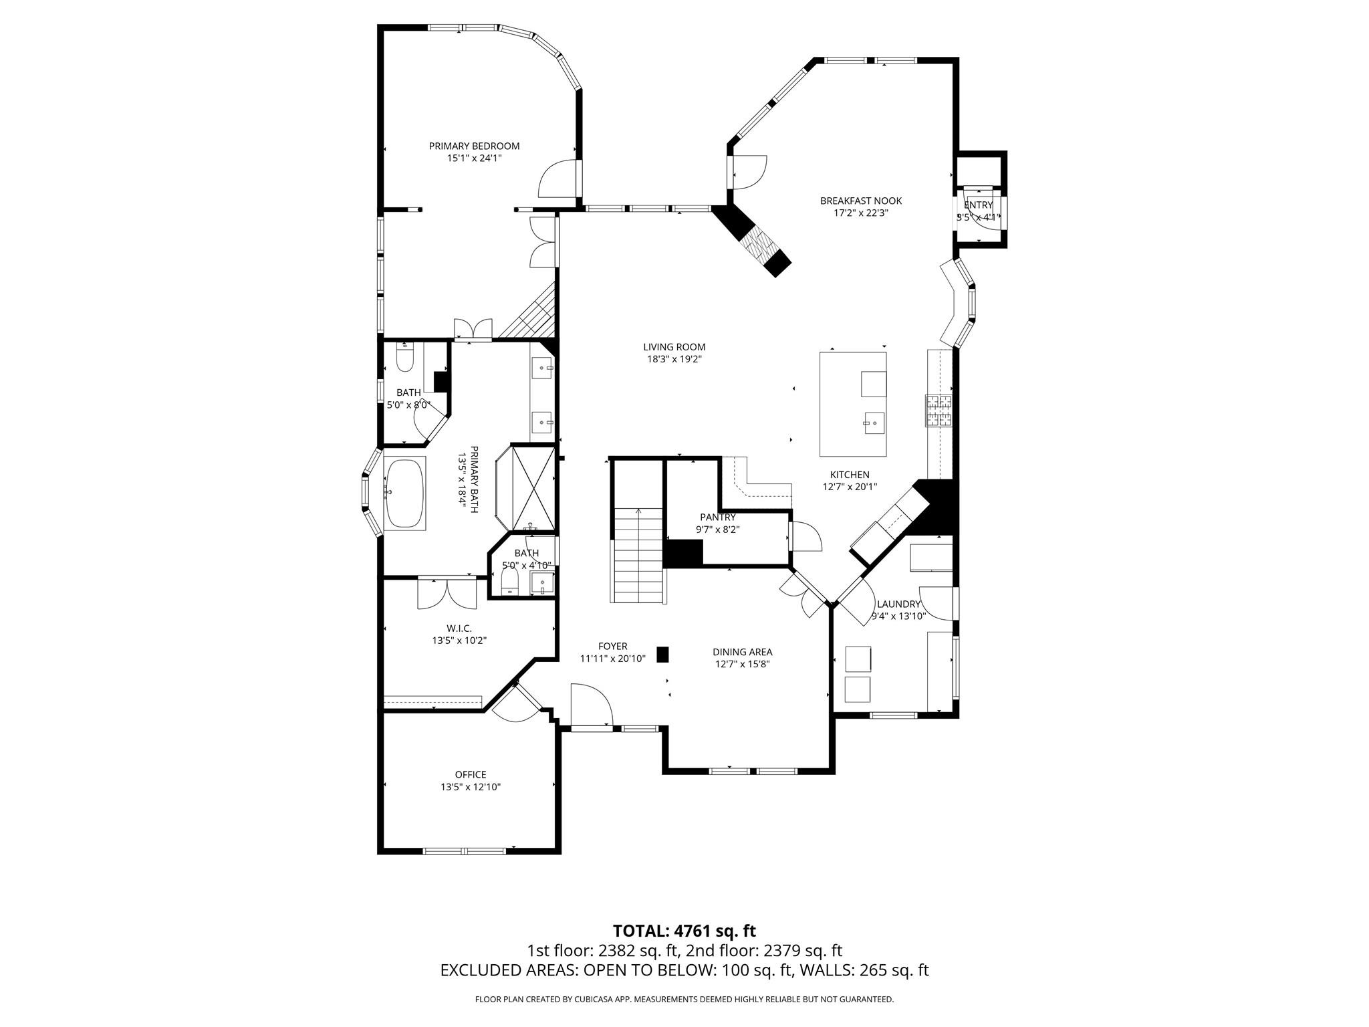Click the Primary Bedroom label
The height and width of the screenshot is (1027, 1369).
pos(474,146)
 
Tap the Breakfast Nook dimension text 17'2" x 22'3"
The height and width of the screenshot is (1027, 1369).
pos(860,213)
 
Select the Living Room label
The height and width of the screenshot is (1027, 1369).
pos(674,347)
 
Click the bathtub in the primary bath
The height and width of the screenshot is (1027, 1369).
pos(405,493)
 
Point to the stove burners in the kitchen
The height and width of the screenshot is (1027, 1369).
pos(939,411)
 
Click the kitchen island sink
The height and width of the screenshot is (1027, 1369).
pos(874,423)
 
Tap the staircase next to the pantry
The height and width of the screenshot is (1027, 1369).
pos(639,554)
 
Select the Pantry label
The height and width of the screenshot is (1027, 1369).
pos(717,517)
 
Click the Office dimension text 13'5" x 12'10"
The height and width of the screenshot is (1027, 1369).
pos(470,787)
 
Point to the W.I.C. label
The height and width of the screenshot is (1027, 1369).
pos(459,628)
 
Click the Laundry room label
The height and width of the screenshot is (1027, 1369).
pos(898,604)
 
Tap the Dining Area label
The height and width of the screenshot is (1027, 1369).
pos(742,652)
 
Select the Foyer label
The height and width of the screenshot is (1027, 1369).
pos(612,646)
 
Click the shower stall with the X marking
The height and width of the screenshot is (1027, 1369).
pos(533,488)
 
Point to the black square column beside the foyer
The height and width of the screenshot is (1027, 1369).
pos(662,655)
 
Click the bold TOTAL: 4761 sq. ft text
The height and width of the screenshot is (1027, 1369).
pos(684,931)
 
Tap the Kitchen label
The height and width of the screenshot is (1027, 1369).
pos(850,475)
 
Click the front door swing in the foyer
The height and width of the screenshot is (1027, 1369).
pos(592,704)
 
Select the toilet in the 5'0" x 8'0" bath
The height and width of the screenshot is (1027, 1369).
pos(405,358)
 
